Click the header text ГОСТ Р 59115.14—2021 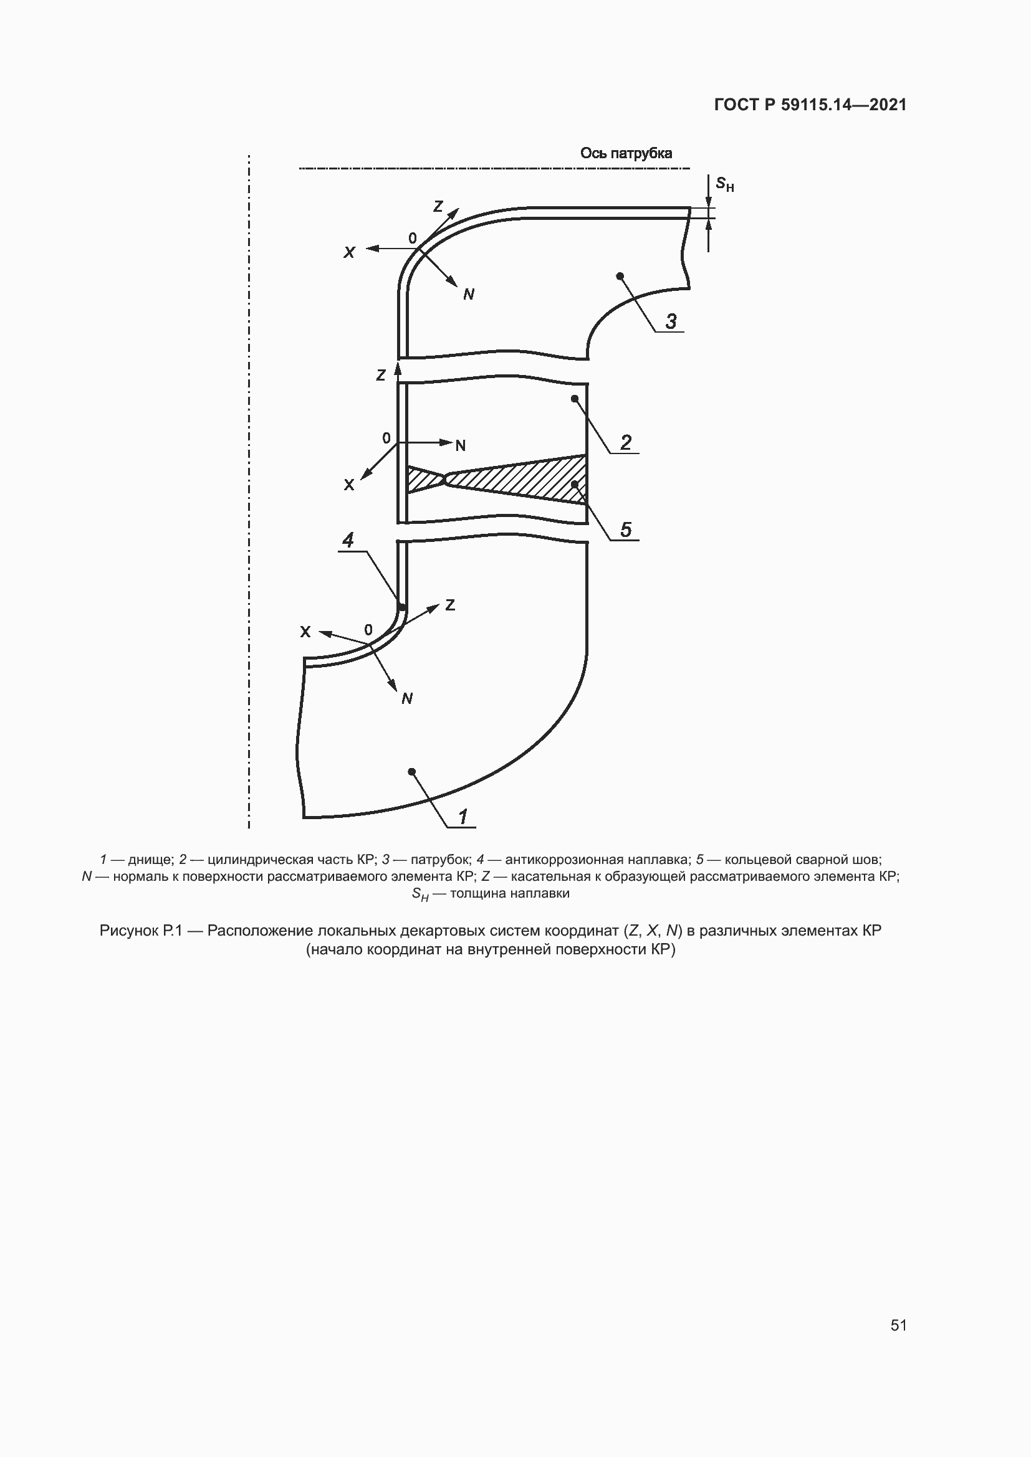[x=810, y=105]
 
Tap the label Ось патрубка [x=625, y=153]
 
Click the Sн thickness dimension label [x=724, y=184]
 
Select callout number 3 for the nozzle [x=671, y=321]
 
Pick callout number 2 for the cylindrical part [x=625, y=442]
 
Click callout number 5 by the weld [x=625, y=529]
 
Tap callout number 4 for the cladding [x=348, y=540]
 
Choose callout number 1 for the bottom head [x=463, y=816]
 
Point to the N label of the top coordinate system [x=469, y=294]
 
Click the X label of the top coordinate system [x=349, y=252]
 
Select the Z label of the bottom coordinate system [x=450, y=605]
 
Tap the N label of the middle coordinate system [x=460, y=445]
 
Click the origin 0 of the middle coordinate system [x=386, y=438]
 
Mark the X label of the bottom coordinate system [x=305, y=632]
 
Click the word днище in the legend [x=149, y=860]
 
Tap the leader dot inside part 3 [x=620, y=276]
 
